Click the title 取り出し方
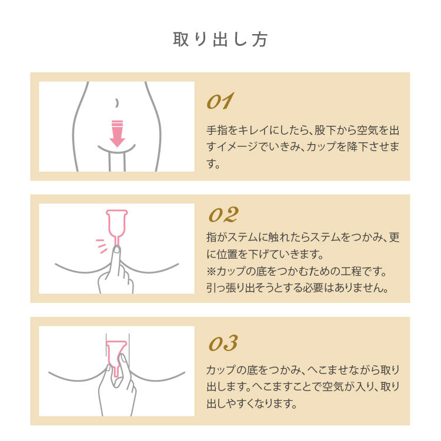pos(220,39)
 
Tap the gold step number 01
pos(220,101)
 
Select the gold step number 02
pos(223,215)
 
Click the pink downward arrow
pos(117,133)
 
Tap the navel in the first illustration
pos(117,102)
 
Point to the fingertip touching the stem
pos(116,249)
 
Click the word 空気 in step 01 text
pos(367,130)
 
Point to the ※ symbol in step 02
pos(212,272)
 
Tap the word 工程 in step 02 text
pos(351,272)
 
